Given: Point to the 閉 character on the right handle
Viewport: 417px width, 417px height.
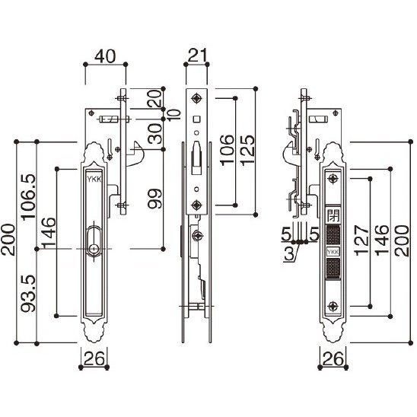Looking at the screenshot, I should pos(333,215).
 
